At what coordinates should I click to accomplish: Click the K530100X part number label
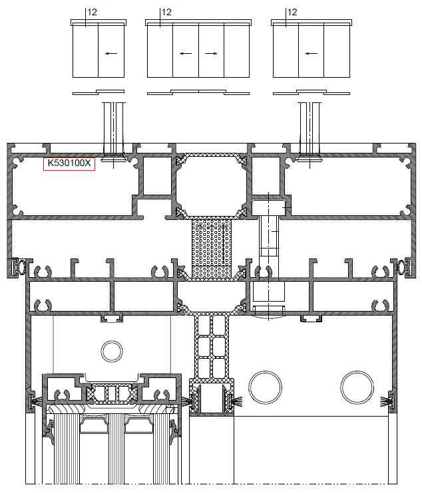(x=69, y=163)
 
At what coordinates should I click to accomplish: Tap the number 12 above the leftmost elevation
(x=92, y=12)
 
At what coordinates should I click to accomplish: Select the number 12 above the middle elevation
(x=166, y=12)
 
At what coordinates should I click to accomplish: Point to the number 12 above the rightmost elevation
(x=292, y=12)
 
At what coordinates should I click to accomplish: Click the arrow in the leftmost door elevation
(x=111, y=53)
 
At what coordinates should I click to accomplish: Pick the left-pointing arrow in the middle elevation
(x=186, y=53)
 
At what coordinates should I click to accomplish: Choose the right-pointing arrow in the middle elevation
(x=211, y=53)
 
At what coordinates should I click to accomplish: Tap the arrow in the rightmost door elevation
(x=311, y=53)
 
